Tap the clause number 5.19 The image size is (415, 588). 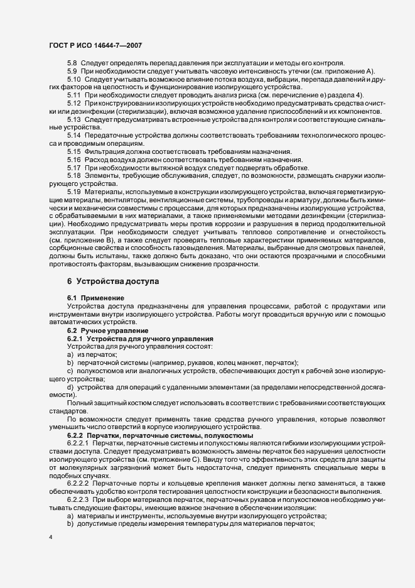pos(73,191)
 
